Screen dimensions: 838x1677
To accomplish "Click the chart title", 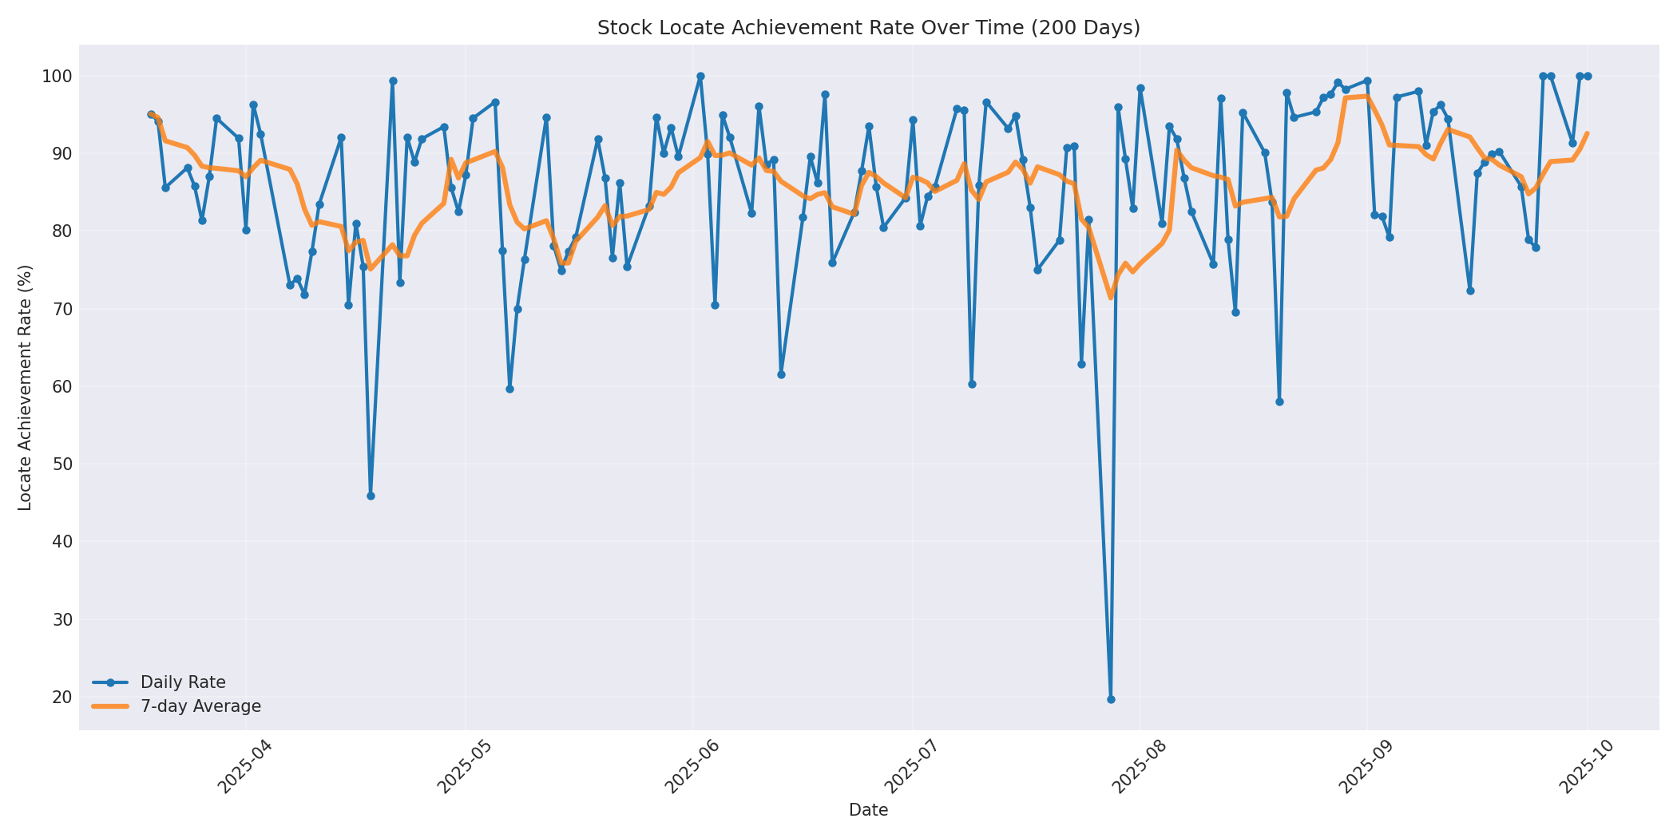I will (868, 28).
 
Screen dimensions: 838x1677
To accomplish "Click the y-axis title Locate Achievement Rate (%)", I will (25, 387).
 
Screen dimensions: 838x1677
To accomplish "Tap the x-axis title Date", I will (868, 810).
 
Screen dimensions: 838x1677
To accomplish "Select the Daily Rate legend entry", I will (183, 682).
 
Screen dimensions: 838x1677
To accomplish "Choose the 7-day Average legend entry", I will (200, 706).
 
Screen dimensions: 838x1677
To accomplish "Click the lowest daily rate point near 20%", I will (1111, 699).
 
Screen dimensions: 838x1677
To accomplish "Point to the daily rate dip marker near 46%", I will (371, 496).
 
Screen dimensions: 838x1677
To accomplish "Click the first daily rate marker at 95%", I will (151, 115).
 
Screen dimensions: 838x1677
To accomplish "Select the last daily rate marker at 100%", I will (1588, 76).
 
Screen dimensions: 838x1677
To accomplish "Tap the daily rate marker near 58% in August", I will (1279, 401).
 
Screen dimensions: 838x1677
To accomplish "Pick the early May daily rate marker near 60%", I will (509, 389).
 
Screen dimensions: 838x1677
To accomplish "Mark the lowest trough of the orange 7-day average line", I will (1110, 298).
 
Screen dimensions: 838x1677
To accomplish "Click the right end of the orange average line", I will (1588, 133).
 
